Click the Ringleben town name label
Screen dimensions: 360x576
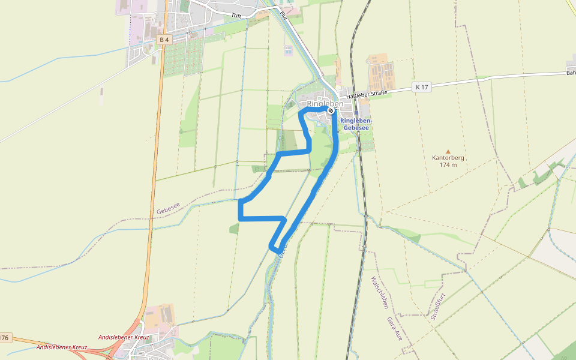click(325, 104)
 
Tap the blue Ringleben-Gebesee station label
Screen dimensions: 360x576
click(356, 124)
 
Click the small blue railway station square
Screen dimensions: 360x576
click(356, 113)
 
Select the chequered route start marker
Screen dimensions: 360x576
click(331, 111)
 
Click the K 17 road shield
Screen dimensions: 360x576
click(422, 87)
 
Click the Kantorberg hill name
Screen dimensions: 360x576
click(448, 158)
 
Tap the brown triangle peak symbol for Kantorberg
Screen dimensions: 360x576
click(448, 151)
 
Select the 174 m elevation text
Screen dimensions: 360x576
click(448, 165)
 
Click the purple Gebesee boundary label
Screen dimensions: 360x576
click(168, 209)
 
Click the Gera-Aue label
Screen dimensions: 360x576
click(394, 329)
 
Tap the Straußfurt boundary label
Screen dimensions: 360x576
click(435, 306)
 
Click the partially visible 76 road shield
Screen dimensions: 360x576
click(5, 338)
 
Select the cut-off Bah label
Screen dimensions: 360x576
click(571, 73)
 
